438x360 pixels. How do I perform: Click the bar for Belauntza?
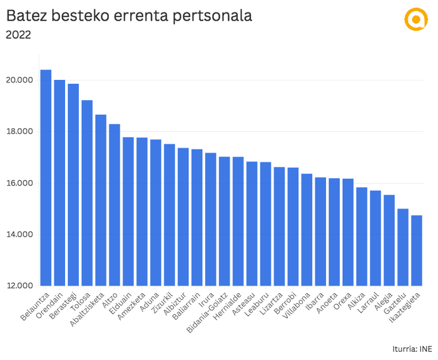coord(46,177)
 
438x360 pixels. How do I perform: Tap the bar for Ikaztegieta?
coord(416,250)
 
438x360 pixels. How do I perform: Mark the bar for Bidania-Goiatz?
coord(224,221)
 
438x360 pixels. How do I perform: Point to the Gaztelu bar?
coord(402,247)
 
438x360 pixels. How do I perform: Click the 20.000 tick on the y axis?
coord(20,81)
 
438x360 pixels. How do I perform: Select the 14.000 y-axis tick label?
coord(20,235)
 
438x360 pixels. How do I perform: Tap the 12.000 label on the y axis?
coord(20,286)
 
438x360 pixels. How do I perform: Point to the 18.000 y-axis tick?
coord(20,132)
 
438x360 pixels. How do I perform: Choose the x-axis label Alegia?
coord(385,302)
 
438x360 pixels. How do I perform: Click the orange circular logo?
coord(414,19)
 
